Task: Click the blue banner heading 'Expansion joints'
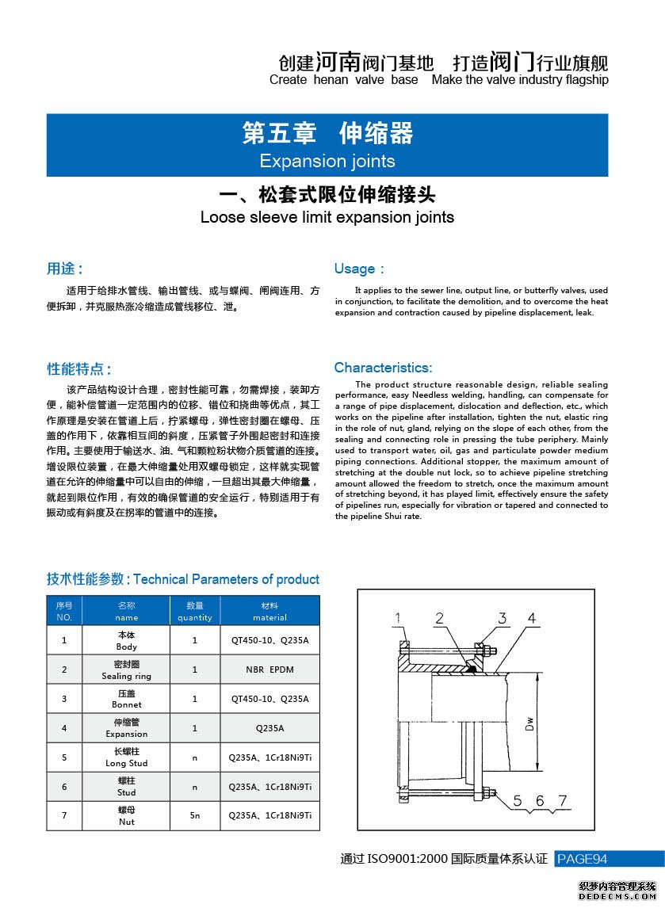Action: tap(327, 161)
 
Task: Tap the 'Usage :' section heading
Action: tap(359, 269)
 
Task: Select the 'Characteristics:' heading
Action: tap(383, 368)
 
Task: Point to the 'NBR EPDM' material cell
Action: tap(269, 670)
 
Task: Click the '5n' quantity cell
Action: tap(195, 815)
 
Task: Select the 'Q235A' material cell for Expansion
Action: tap(269, 728)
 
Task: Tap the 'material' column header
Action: tap(269, 611)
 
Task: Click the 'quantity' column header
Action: tap(195, 611)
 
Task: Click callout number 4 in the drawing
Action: tap(532, 618)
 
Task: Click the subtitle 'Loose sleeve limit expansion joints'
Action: tap(327, 217)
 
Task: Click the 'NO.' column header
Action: tap(64, 611)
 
